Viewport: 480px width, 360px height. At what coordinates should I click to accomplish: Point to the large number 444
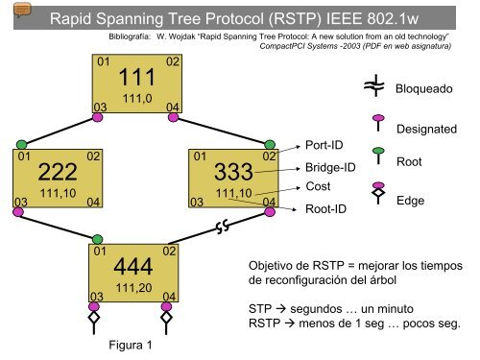pyautogui.click(x=134, y=267)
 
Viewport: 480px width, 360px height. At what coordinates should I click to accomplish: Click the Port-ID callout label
pyautogui.click(x=325, y=146)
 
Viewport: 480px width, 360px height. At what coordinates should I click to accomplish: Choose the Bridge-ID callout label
pyautogui.click(x=330, y=167)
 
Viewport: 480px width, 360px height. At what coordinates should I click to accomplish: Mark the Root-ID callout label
pyautogui.click(x=327, y=207)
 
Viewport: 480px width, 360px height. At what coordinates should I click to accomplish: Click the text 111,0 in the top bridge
pyautogui.click(x=134, y=97)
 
